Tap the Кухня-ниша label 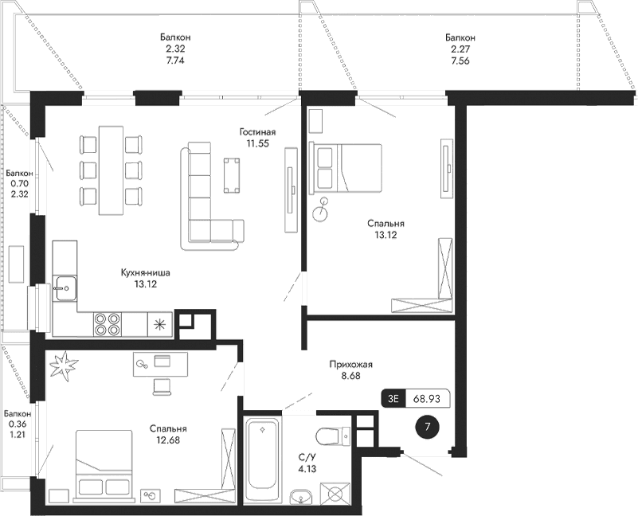[x=146, y=272]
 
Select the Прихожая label [x=351, y=365]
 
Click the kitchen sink [x=65, y=285]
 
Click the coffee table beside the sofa [x=233, y=174]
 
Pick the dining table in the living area [x=111, y=170]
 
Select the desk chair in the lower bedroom [x=162, y=386]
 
